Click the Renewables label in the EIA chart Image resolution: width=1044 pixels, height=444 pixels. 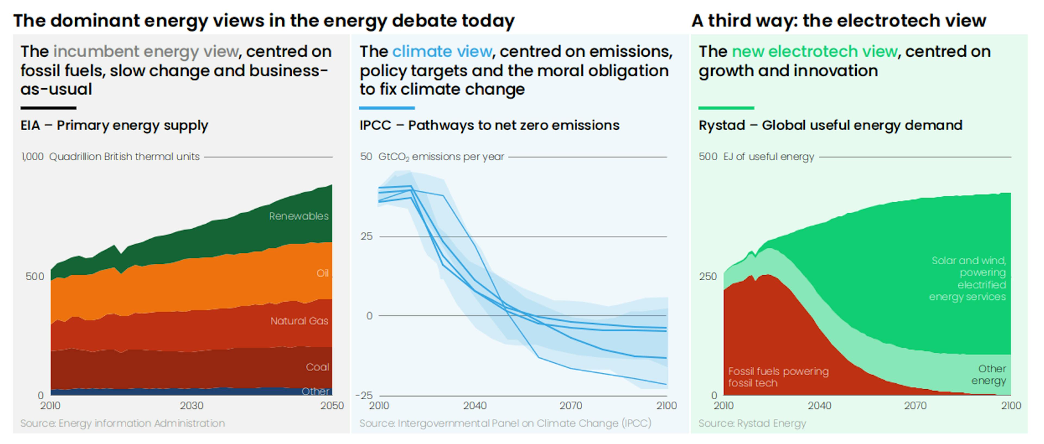[x=299, y=216]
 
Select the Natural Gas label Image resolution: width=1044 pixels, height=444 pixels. [x=299, y=321]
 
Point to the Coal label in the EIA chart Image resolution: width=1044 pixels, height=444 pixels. [x=317, y=367]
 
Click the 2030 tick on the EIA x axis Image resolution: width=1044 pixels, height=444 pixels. [x=191, y=405]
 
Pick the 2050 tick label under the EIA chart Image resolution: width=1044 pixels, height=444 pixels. [x=332, y=405]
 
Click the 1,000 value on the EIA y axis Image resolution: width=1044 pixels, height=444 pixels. [x=32, y=157]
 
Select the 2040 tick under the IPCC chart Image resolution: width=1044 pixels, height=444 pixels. [x=475, y=405]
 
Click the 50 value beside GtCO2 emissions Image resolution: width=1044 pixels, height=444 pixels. [x=366, y=157]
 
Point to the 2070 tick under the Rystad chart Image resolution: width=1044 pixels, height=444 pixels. [x=915, y=405]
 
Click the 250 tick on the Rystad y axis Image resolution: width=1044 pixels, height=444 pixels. [x=708, y=277]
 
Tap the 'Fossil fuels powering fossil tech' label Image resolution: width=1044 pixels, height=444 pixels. [x=778, y=377]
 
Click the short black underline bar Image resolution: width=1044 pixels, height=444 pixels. [x=48, y=108]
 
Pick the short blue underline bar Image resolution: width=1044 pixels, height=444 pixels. [x=387, y=108]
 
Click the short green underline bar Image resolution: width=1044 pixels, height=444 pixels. [x=726, y=108]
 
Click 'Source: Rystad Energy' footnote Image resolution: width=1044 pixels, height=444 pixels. [x=752, y=423]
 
